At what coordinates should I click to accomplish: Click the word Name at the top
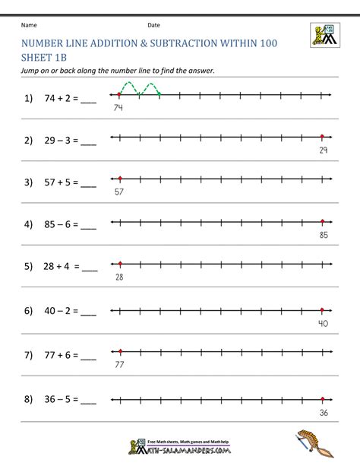(x=30, y=24)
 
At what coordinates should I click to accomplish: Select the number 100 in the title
(x=265, y=44)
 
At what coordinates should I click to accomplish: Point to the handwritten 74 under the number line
(x=118, y=108)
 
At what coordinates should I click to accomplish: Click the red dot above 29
(x=322, y=137)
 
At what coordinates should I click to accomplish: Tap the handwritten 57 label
(x=118, y=192)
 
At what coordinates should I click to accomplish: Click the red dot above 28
(x=119, y=264)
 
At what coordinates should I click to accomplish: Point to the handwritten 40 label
(x=322, y=323)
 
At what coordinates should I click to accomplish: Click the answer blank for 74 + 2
(x=88, y=100)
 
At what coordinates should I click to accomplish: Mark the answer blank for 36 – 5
(x=88, y=401)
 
